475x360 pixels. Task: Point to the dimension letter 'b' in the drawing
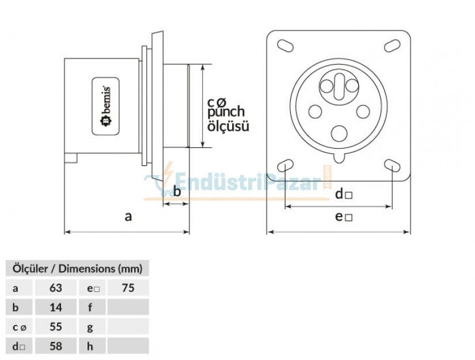pyautogui.click(x=177, y=191)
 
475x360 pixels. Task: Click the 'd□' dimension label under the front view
pyautogui.click(x=343, y=194)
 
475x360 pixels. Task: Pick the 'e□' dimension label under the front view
pyautogui.click(x=344, y=217)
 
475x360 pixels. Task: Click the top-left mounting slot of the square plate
pyautogui.click(x=284, y=45)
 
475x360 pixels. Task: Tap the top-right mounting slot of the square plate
pyautogui.click(x=392, y=45)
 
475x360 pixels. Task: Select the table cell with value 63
pyautogui.click(x=56, y=287)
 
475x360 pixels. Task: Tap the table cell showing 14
pyautogui.click(x=56, y=307)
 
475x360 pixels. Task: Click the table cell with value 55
pyautogui.click(x=56, y=327)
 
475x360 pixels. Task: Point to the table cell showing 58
pyautogui.click(x=56, y=346)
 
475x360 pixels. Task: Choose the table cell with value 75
pyautogui.click(x=128, y=287)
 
